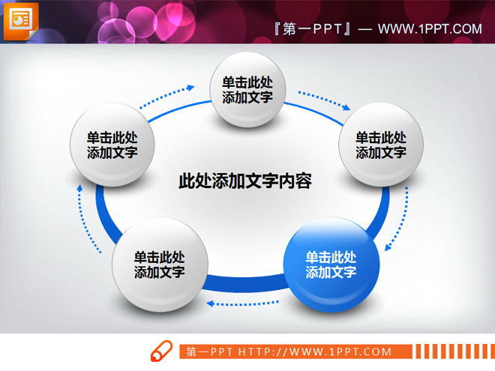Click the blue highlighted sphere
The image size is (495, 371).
331,265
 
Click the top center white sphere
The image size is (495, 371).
247,90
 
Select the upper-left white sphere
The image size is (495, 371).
112,145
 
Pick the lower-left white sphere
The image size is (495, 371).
160,265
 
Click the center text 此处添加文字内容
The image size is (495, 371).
245,181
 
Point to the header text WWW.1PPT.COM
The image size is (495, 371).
430,29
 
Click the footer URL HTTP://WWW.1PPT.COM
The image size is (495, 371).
315,352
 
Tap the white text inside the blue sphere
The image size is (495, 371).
331,265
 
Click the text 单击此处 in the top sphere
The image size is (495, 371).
247,82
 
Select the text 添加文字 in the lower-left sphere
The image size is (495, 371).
160,273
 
